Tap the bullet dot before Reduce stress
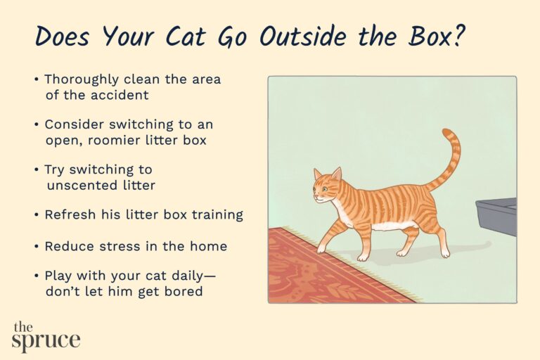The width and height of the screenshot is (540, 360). click(x=36, y=246)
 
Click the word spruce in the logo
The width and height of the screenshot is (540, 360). click(x=46, y=341)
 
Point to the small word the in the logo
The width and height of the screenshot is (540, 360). click(x=22, y=327)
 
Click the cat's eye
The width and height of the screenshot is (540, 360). click(x=324, y=188)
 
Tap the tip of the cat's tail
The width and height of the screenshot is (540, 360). click(x=446, y=131)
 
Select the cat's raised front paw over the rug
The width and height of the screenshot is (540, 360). click(x=321, y=248)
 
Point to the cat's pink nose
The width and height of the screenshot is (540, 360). click(x=315, y=197)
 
